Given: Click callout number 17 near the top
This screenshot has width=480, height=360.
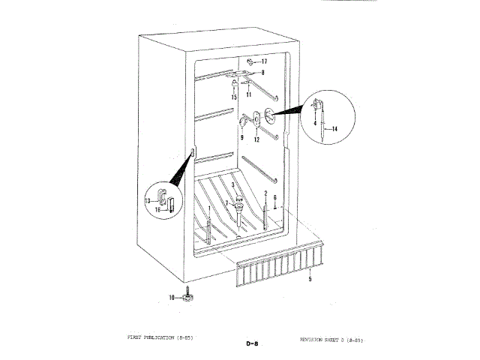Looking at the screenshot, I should coord(264,61).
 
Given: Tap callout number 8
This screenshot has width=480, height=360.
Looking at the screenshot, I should coord(263,73).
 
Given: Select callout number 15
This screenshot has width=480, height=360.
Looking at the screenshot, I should coord(234,97).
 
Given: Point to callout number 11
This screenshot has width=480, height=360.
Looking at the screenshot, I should coord(248,94).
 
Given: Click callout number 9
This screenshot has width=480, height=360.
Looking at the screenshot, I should coord(242,138).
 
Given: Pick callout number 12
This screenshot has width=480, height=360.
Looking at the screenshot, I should coord(256,139).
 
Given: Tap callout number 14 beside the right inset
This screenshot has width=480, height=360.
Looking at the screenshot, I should coord(334,129).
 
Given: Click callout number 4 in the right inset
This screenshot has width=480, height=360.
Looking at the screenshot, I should coord(315,122).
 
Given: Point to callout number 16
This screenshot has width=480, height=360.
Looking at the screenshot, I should coord(158,211).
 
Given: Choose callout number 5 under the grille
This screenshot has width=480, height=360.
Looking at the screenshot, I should coord(310,278).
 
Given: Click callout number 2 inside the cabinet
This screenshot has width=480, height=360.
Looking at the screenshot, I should coord(265,193).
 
